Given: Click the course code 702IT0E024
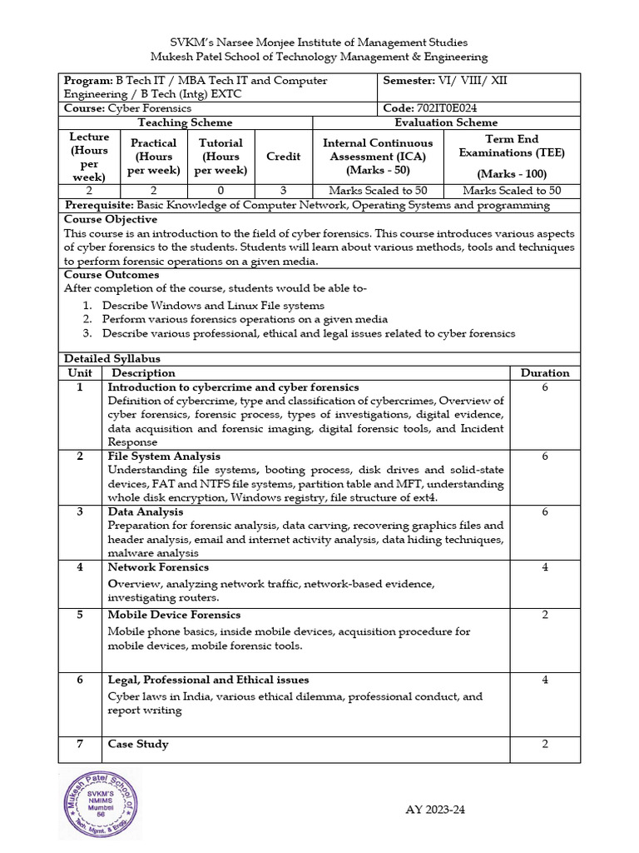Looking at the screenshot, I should [447, 108].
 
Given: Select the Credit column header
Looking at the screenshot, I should [283, 157].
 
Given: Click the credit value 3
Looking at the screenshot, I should [283, 191].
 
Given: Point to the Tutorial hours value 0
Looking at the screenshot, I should [220, 191].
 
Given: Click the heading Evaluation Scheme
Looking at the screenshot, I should [446, 122].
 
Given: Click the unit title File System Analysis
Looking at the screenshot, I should [164, 456].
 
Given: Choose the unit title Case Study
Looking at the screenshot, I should [138, 744].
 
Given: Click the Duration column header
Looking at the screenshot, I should [545, 373].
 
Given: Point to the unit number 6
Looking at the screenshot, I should [81, 680].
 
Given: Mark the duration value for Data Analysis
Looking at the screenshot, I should [545, 511].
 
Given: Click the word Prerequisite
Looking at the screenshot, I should [96, 205].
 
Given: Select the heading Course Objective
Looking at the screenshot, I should [111, 219].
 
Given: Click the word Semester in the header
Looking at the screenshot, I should [408, 81].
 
